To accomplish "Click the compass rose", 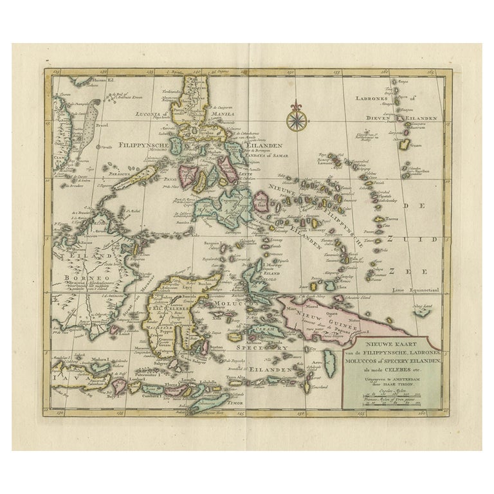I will point(296,120).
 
